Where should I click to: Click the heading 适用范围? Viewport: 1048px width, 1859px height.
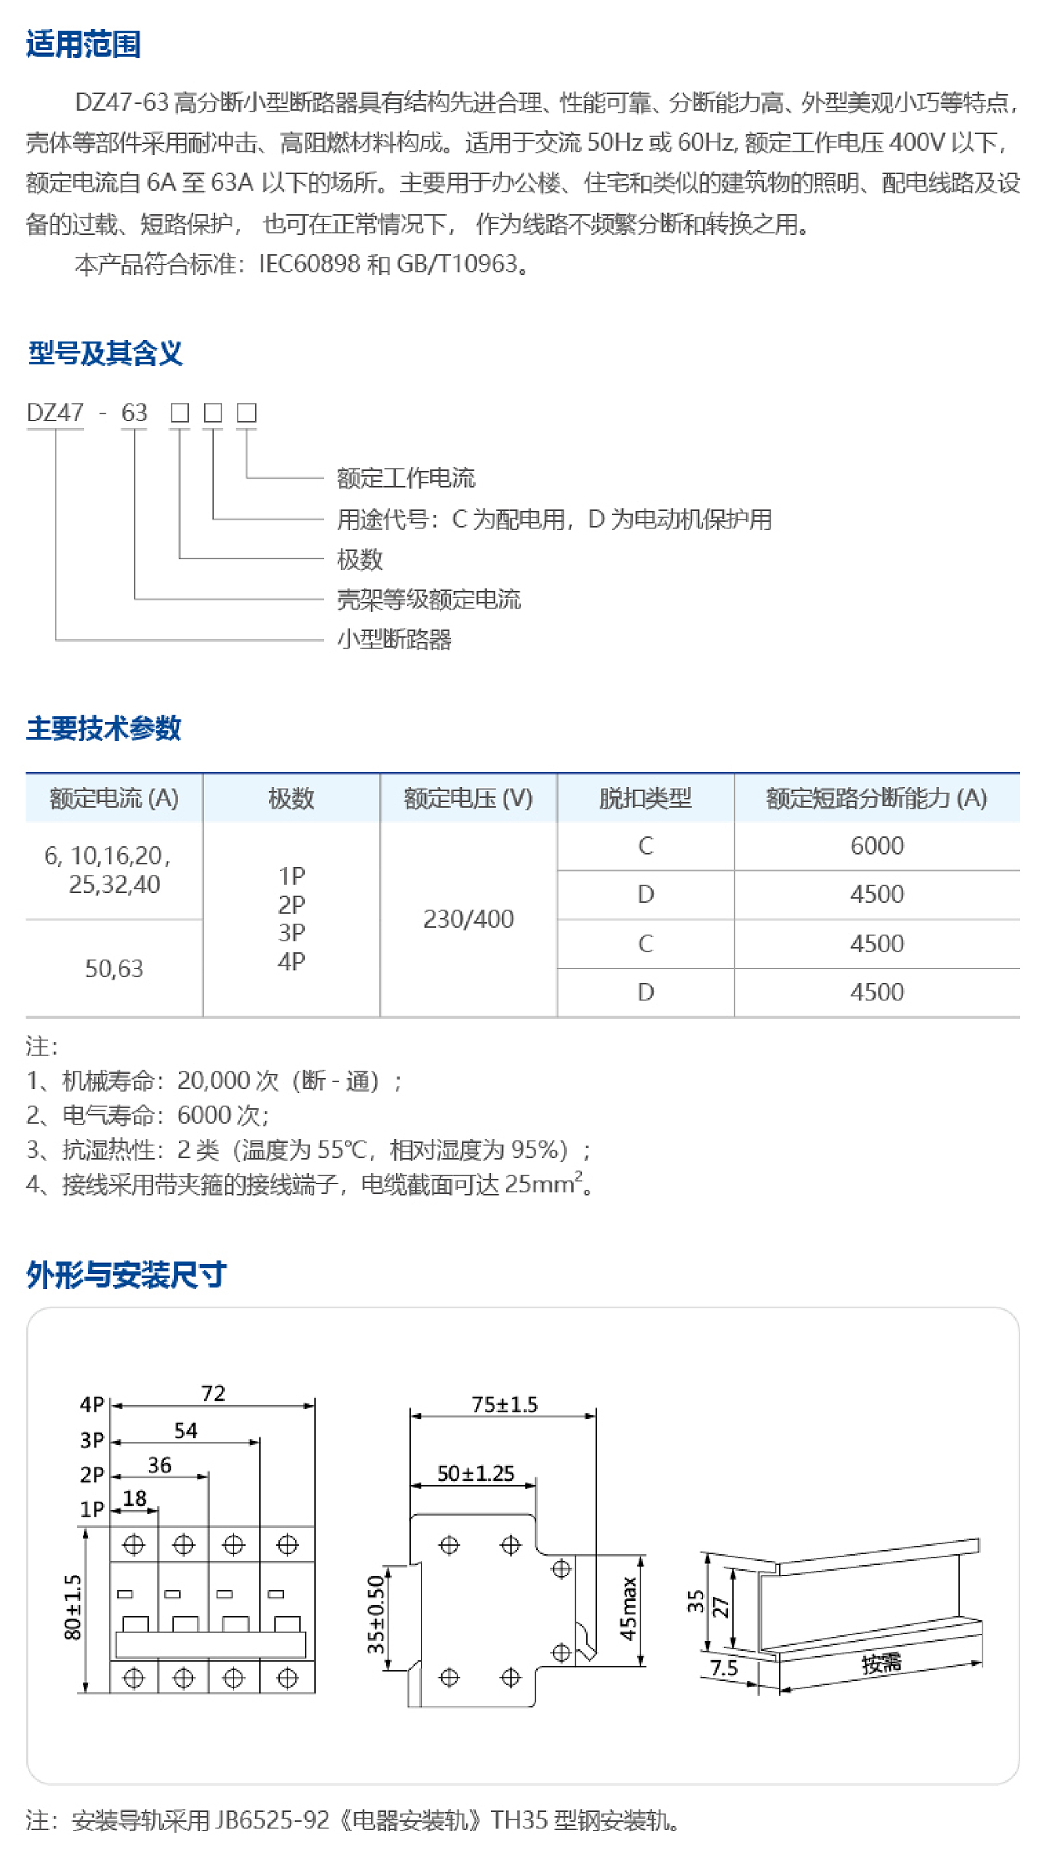pos(83,44)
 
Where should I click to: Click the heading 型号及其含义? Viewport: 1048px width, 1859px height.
pos(105,353)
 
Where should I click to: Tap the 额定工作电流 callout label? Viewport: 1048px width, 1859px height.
pos(406,478)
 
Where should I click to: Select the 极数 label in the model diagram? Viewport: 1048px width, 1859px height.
pos(359,559)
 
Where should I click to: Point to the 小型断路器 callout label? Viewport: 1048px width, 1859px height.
pos(394,639)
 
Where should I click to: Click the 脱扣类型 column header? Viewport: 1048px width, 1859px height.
pos(645,798)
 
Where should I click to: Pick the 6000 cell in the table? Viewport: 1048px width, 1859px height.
pos(876,846)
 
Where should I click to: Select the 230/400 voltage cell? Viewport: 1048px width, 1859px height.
pos(468,918)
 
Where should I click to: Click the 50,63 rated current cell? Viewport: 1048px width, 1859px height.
pos(114,968)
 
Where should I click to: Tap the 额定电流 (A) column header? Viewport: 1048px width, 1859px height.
pos(114,798)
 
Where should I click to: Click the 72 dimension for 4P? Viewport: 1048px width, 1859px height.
pos(213,1394)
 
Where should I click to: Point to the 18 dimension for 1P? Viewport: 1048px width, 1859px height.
pos(135,1499)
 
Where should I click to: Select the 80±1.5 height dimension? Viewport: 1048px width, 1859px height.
pos(73,1607)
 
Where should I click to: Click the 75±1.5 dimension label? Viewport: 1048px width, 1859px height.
pos(504,1404)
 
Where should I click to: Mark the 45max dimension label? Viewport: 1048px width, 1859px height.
pos(628,1608)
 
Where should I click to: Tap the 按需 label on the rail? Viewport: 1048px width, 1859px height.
pos(881,1664)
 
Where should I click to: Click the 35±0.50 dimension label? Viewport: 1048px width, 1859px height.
pos(376,1614)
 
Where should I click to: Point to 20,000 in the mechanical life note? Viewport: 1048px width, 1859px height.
pos(214,1080)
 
